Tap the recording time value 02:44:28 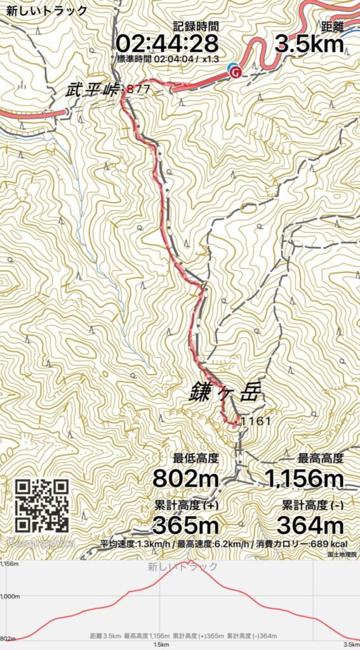pyautogui.click(x=167, y=44)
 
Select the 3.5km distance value pyautogui.click(x=309, y=44)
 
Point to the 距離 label pyautogui.click(x=332, y=27)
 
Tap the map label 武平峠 pyautogui.click(x=93, y=90)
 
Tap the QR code pyautogui.click(x=42, y=505)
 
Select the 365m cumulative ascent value pyautogui.click(x=185, y=525)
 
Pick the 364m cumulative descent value pyautogui.click(x=310, y=525)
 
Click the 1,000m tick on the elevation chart pyautogui.click(x=10, y=596)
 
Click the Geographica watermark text pyautogui.click(x=41, y=543)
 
